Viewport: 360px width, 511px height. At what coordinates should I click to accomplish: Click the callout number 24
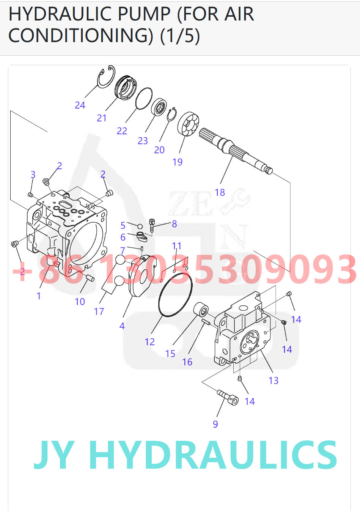point(80,105)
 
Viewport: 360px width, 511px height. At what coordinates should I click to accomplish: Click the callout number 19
point(177,162)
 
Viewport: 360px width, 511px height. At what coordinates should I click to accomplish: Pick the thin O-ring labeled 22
point(144,99)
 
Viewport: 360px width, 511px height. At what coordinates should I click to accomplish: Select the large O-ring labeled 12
point(175,294)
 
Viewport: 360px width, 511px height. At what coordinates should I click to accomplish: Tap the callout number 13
point(273,380)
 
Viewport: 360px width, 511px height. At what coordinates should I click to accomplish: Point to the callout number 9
point(215,424)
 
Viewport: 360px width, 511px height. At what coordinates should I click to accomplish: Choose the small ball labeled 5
point(140,226)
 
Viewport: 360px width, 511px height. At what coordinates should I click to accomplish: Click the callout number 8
point(174,224)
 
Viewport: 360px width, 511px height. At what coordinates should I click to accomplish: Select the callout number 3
point(33,175)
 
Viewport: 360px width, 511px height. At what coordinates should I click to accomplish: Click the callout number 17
point(99,311)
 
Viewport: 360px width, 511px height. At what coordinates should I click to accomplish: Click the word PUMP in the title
point(145,14)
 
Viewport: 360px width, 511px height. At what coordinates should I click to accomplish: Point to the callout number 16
point(187,362)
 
